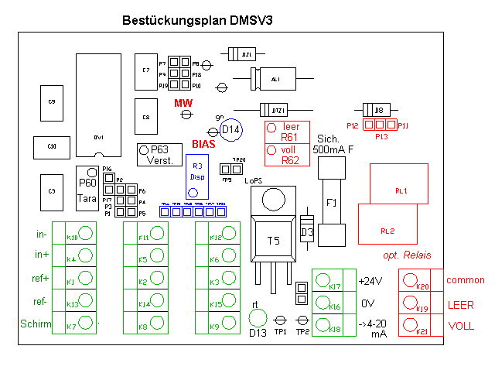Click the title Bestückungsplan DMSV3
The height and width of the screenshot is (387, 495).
point(196,22)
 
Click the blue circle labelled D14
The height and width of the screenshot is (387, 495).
point(231,130)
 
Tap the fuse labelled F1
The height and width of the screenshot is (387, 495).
point(331,203)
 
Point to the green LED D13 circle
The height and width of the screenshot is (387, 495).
point(258,317)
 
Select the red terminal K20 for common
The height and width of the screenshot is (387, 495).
point(411,280)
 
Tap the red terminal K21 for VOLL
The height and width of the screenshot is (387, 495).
point(411,325)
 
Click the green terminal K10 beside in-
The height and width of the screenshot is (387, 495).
point(86,233)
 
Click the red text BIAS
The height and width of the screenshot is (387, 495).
point(205,144)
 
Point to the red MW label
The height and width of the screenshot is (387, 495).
point(183,103)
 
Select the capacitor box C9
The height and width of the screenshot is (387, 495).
point(53,102)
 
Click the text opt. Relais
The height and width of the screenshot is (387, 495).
point(407,255)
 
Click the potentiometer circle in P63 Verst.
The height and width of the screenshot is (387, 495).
point(145,150)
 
